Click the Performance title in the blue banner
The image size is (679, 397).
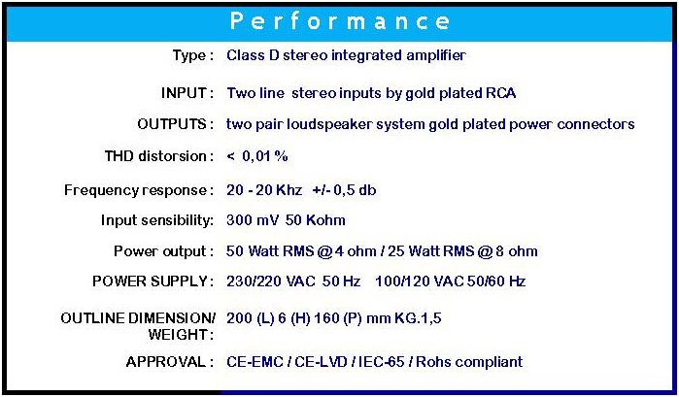[340, 21]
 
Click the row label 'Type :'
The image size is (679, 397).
[192, 56]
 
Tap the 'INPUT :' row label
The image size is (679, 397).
[187, 93]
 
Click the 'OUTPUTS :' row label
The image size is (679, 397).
[176, 124]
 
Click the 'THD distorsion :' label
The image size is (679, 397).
[159, 156]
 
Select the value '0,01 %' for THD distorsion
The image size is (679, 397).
[265, 156]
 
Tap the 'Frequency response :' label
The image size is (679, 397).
[139, 190]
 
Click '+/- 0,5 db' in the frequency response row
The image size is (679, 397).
[344, 190]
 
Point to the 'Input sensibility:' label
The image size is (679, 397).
[157, 220]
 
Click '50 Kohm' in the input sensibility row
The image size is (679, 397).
[316, 220]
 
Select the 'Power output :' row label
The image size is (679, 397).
[164, 251]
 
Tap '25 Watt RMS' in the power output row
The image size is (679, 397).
[431, 251]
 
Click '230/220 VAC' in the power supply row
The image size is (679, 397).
[271, 281]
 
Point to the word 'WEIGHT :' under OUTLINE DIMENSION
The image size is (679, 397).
[181, 334]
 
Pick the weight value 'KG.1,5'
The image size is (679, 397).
[418, 318]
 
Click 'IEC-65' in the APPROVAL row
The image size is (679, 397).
[381, 362]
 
